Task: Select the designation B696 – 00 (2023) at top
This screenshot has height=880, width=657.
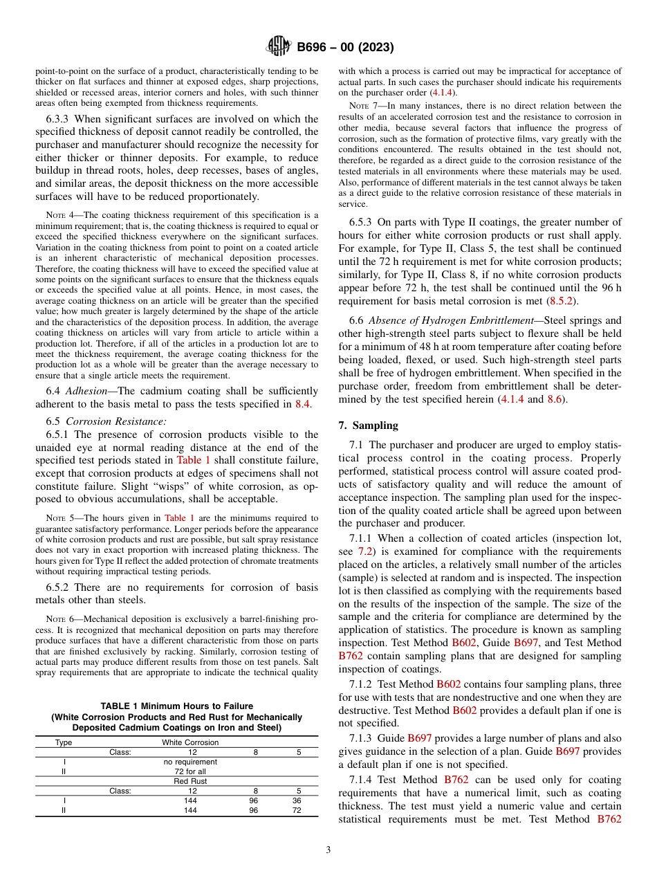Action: pos(346,48)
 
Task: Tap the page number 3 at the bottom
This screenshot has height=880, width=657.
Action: pos(328,850)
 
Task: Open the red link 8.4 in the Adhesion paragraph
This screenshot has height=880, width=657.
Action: pos(302,404)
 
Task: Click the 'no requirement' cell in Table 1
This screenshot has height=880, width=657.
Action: pos(190,762)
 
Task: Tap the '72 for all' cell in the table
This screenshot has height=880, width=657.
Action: pos(190,771)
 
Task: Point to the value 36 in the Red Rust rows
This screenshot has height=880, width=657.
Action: pos(296,800)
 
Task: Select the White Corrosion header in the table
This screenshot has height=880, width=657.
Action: pos(190,742)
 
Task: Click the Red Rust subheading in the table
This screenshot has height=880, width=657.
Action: pos(190,781)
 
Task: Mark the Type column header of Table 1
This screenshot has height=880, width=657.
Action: pos(64,742)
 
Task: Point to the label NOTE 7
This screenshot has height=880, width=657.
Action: pos(363,106)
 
